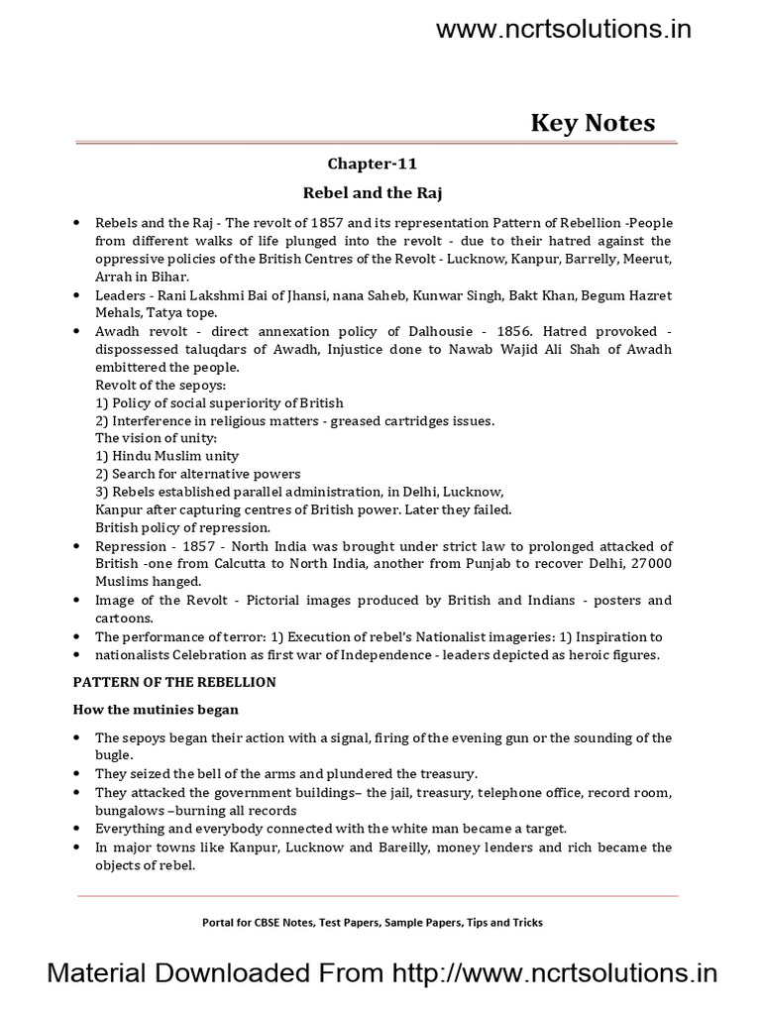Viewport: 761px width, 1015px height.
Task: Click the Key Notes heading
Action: (593, 123)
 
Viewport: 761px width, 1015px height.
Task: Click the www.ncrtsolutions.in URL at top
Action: (564, 30)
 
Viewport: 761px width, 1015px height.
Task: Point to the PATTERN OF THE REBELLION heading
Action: (175, 682)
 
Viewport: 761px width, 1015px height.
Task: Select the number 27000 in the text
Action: (650, 563)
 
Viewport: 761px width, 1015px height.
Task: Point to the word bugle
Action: (112, 755)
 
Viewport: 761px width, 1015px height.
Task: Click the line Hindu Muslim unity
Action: (166, 456)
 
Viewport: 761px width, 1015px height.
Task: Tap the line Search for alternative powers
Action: (197, 474)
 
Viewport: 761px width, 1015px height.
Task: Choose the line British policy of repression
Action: (182, 527)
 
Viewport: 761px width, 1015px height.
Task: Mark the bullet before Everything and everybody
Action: (76, 827)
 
